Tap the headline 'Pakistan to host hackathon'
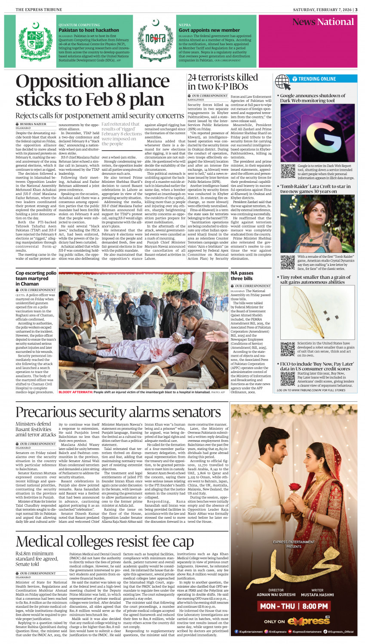(89, 31)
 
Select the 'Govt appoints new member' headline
(209, 31)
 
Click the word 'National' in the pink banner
(335, 22)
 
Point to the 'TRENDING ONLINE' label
(317, 79)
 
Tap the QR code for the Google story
(288, 171)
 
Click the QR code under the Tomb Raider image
(288, 262)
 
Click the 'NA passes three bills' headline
(242, 276)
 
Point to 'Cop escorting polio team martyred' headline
(36, 278)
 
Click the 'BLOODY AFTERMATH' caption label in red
(75, 392)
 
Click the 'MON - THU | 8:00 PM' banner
(294, 606)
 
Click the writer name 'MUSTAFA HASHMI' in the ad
(317, 595)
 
